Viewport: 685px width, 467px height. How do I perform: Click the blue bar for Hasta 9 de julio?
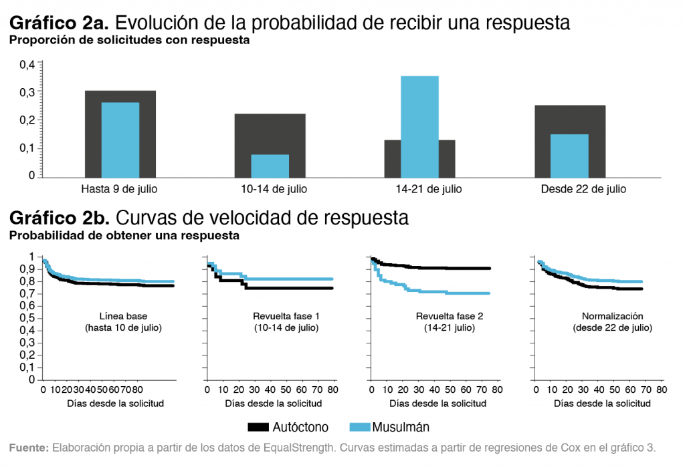(x=120, y=140)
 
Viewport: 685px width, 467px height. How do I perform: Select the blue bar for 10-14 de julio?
(x=270, y=166)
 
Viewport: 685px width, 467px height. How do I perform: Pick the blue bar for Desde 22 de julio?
(x=569, y=156)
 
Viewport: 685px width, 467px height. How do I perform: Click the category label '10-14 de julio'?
(x=274, y=189)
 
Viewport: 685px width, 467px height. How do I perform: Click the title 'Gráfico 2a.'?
(x=59, y=23)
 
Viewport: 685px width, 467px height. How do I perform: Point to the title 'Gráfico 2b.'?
(x=59, y=218)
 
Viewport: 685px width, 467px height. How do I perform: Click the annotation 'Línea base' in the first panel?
(x=124, y=316)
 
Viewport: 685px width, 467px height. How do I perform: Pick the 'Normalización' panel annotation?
(x=612, y=316)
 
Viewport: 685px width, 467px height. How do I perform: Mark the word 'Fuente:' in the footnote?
(x=28, y=448)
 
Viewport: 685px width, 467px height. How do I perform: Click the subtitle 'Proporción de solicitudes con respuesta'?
(x=128, y=40)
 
